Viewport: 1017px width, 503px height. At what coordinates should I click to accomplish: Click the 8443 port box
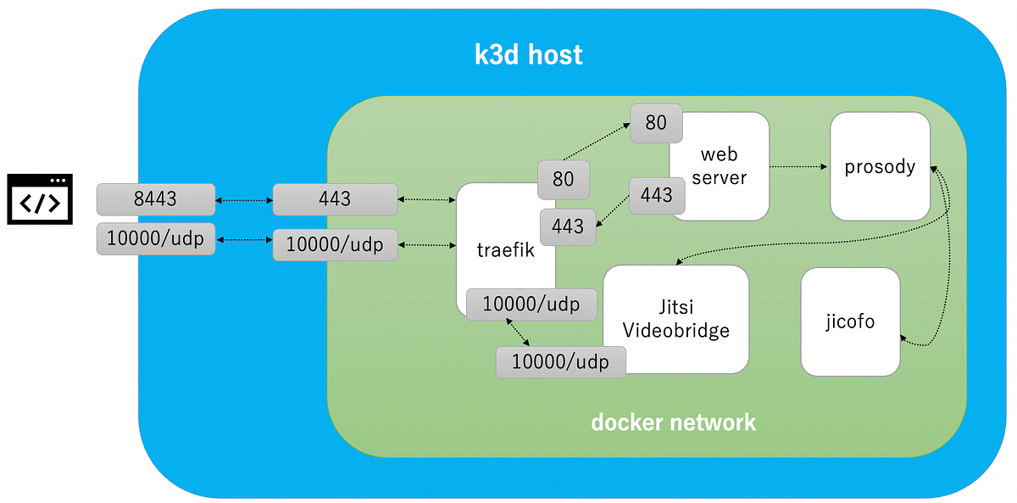[155, 199]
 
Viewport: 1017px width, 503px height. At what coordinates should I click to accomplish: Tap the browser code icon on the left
[40, 199]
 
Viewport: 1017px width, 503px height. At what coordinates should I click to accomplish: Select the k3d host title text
[528, 55]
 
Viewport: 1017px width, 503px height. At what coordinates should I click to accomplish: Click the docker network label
[673, 422]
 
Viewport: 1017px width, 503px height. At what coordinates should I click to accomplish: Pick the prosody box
[880, 166]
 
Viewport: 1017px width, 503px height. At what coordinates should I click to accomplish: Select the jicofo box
[849, 321]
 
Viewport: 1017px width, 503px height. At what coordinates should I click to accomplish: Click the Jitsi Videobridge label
[675, 319]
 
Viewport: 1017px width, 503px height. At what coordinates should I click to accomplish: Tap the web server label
[720, 166]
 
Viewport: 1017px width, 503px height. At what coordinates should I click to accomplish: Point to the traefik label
[505, 250]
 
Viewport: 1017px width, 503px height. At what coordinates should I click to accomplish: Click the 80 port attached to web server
[656, 123]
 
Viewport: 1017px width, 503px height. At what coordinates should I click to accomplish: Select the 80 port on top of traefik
[563, 179]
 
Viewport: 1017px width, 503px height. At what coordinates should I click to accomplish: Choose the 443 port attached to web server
[656, 195]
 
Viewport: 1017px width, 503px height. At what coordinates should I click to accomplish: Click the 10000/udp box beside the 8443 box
[155, 238]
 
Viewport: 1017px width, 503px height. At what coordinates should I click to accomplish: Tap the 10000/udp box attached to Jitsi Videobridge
[561, 362]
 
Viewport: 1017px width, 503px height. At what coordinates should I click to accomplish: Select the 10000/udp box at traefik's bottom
[531, 304]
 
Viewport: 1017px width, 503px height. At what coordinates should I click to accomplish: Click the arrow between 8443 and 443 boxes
[243, 200]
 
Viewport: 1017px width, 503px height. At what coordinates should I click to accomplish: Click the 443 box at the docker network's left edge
[335, 199]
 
